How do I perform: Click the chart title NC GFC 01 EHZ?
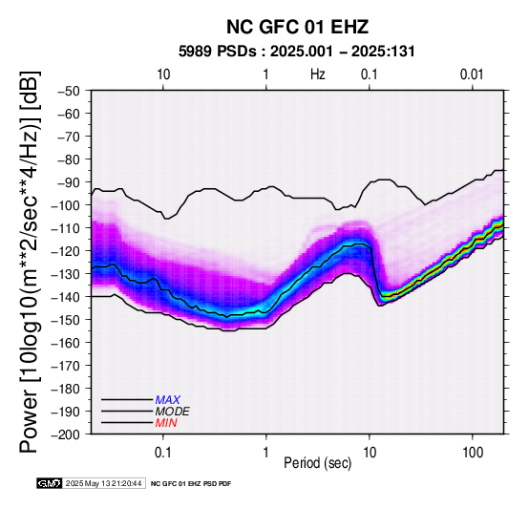coord(297,27)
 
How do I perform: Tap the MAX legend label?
coord(168,400)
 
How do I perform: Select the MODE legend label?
coord(173,412)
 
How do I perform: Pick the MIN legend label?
coord(166,423)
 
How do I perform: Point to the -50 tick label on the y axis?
coord(69,91)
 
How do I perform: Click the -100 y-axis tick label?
coord(66,205)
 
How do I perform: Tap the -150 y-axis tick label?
coord(66,320)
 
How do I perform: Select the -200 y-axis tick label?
coord(66,434)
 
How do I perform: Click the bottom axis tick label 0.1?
coord(163,453)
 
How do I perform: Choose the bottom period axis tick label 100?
coord(473,453)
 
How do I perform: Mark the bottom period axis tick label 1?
coord(266,453)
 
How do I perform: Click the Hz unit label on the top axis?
coord(317,74)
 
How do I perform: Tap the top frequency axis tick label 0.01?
coord(472,74)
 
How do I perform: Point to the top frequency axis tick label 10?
coord(163,74)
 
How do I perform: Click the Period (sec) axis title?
coord(317,463)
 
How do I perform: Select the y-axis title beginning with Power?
coord(30,262)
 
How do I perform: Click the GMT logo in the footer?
coord(50,483)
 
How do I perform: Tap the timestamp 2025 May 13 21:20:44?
coord(103,483)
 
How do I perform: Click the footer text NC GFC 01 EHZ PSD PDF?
coord(191,484)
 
